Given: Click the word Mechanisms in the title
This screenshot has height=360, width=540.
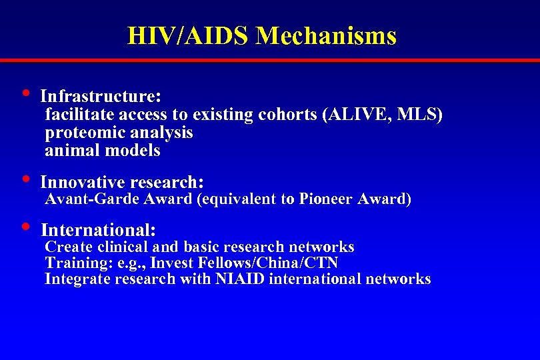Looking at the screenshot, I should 326,35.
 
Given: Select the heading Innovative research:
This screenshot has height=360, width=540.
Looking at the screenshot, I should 122,182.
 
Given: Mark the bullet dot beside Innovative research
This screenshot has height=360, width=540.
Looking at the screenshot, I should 25,178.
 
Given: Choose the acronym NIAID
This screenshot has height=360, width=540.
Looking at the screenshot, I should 240,279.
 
